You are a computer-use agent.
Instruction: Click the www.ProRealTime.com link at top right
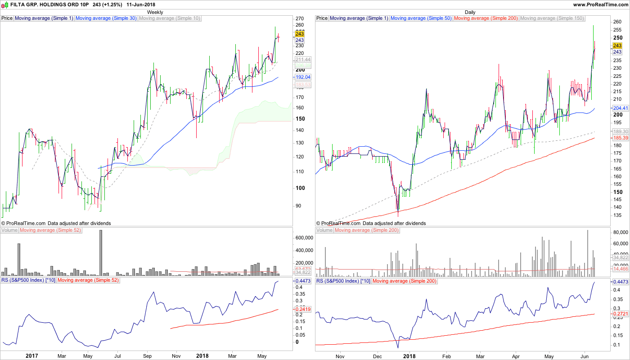tap(600, 4)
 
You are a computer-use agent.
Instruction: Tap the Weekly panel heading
tap(155, 12)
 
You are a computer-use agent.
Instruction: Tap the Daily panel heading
tap(470, 12)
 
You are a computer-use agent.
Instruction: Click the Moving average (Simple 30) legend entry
tap(106, 18)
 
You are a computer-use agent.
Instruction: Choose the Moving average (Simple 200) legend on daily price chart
tap(486, 18)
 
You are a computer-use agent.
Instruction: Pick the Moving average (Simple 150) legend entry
tap(552, 18)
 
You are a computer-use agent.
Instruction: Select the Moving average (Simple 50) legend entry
tap(421, 18)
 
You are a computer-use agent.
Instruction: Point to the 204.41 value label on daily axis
tap(621, 108)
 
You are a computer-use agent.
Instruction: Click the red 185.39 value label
tap(621, 138)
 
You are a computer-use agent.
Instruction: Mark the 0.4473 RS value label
tap(621, 282)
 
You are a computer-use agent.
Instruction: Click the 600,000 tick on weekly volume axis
tap(304, 238)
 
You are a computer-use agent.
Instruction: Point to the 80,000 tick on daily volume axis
tap(620, 232)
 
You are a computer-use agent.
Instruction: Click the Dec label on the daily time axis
tap(377, 355)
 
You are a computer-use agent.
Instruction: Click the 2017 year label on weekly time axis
tap(31, 355)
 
